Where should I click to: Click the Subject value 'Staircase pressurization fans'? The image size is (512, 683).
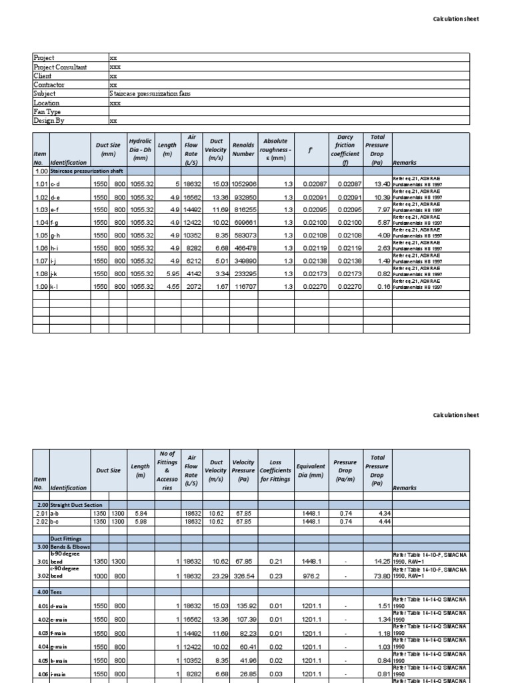click(150, 94)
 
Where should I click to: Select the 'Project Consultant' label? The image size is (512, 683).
click(61, 67)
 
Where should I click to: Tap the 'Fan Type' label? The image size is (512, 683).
click(47, 112)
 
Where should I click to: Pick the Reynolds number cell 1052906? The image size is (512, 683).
click(243, 184)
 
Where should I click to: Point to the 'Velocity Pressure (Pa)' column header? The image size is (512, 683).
click(243, 470)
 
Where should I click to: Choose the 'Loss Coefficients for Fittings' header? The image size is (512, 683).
click(275, 470)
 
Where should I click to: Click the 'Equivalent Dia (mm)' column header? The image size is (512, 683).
click(311, 470)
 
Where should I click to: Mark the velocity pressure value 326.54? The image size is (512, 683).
click(244, 572)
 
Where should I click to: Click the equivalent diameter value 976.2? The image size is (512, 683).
click(312, 572)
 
